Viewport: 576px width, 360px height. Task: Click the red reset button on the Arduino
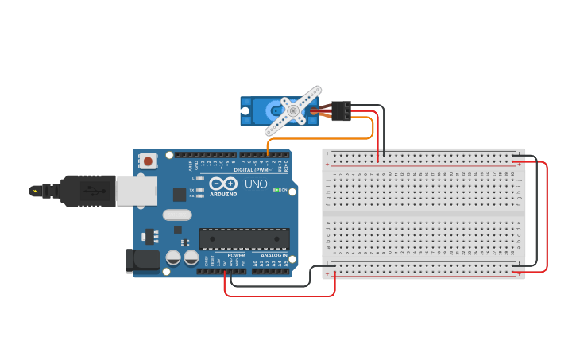click(147, 161)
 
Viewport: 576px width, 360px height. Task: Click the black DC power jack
click(139, 261)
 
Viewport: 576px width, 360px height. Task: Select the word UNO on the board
click(256, 184)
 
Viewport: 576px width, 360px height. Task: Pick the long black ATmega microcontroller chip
click(244, 238)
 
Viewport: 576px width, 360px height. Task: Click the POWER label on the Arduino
click(236, 255)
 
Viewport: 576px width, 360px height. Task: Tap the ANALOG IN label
click(274, 255)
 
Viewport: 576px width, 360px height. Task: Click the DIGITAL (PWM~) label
click(253, 170)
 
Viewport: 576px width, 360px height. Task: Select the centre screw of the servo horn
click(292, 111)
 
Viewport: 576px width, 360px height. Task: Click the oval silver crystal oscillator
click(178, 214)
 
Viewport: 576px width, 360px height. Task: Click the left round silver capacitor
click(172, 257)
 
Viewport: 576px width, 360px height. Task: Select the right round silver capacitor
click(191, 257)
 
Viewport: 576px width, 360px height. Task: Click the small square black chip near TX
click(180, 195)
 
